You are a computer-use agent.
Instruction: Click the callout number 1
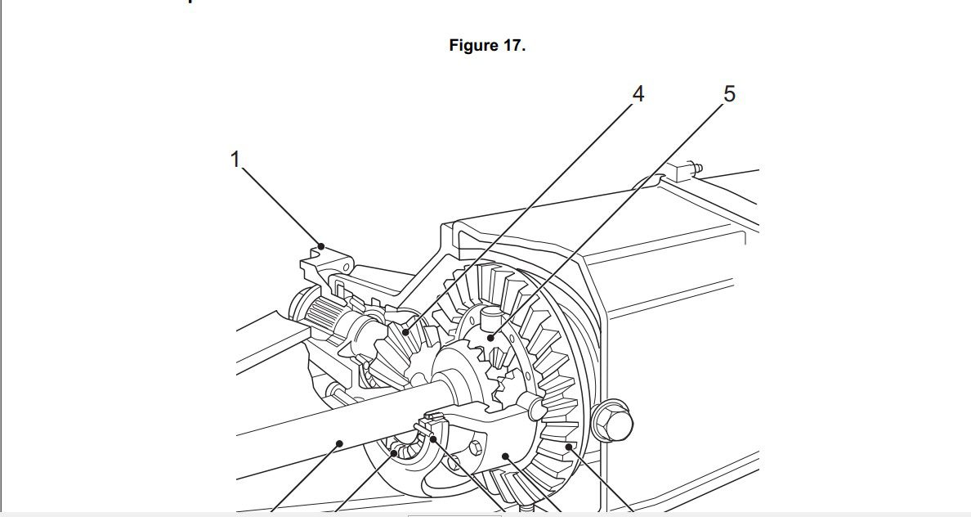point(235,160)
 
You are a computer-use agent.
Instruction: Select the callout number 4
point(638,95)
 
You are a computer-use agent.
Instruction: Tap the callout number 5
point(729,95)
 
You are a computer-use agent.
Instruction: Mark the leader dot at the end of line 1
point(322,245)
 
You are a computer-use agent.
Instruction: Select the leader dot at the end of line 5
point(491,336)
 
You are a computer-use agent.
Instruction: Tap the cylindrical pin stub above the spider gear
point(489,313)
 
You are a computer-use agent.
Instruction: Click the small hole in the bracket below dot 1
point(347,267)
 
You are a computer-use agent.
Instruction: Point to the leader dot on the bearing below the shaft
point(394,452)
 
